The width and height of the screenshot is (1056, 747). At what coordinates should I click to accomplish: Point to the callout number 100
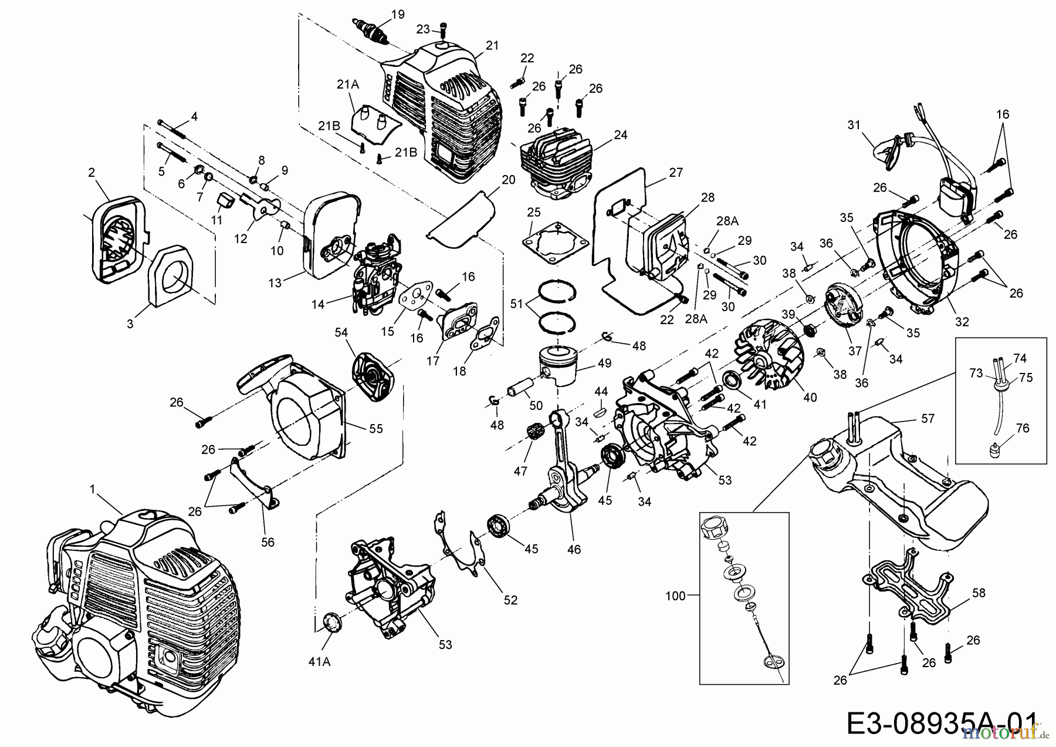[x=675, y=597]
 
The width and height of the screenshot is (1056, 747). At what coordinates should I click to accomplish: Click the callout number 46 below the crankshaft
[x=574, y=550]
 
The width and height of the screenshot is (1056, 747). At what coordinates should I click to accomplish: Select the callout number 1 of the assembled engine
[x=92, y=489]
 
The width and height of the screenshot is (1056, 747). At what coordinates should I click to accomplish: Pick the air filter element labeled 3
[x=170, y=276]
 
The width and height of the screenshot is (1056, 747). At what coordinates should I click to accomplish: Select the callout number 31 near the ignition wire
[x=854, y=124]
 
